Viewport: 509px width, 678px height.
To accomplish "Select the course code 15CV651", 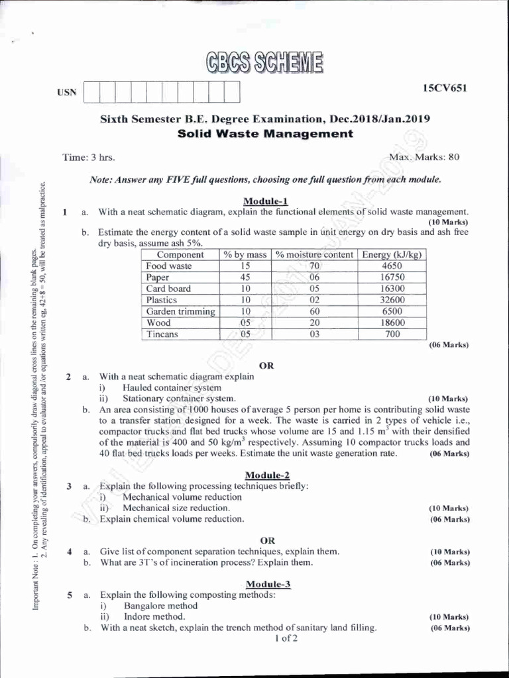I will (x=445, y=88).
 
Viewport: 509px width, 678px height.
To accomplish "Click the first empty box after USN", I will (x=92, y=92).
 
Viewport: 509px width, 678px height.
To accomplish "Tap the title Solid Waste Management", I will (x=266, y=134).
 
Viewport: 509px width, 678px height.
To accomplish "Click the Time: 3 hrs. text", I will (x=88, y=158).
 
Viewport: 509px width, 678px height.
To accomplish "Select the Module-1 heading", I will (x=266, y=201).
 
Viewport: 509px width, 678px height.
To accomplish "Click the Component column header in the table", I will (x=180, y=255).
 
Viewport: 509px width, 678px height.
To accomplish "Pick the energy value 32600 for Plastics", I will (x=392, y=300).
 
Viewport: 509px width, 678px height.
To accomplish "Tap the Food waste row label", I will (x=169, y=266).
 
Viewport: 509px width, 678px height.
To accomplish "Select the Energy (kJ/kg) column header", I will (x=392, y=255).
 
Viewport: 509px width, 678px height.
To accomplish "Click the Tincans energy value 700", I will (x=392, y=334).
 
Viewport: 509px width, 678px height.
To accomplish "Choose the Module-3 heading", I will (x=268, y=584).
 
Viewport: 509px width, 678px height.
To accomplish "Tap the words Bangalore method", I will (x=160, y=606).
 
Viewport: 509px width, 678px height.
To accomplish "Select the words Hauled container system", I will (x=172, y=387).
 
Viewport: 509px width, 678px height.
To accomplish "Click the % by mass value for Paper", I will (x=245, y=277).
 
